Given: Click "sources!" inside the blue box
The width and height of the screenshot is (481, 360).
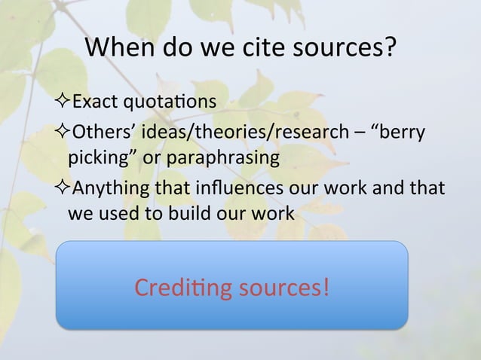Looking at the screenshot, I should (282, 287).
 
